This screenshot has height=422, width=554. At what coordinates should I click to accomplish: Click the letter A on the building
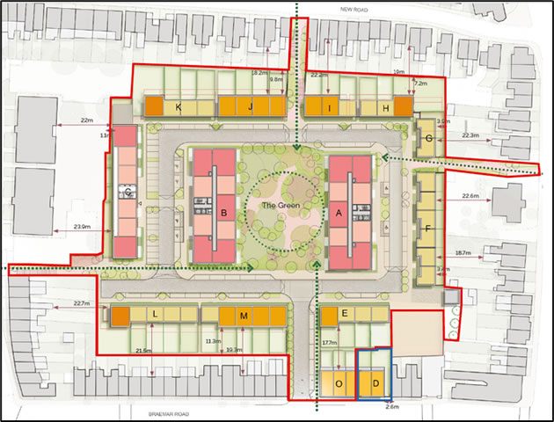[x=339, y=211]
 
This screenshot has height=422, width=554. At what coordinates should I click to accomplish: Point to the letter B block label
[x=224, y=212]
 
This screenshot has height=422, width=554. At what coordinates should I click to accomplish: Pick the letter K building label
[x=179, y=108]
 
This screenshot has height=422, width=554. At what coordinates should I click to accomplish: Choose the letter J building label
[x=251, y=108]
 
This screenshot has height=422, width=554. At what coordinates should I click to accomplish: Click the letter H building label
[x=387, y=108]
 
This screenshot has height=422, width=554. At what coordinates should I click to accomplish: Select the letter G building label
[x=428, y=140]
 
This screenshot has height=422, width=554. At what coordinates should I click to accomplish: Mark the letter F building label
[x=427, y=229]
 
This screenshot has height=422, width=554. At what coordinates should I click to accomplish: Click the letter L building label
[x=155, y=315]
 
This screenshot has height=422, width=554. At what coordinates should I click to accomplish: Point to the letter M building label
[x=244, y=315]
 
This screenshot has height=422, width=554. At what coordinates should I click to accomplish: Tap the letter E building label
[x=345, y=314]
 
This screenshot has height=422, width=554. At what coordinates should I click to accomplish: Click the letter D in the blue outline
[x=375, y=382]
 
